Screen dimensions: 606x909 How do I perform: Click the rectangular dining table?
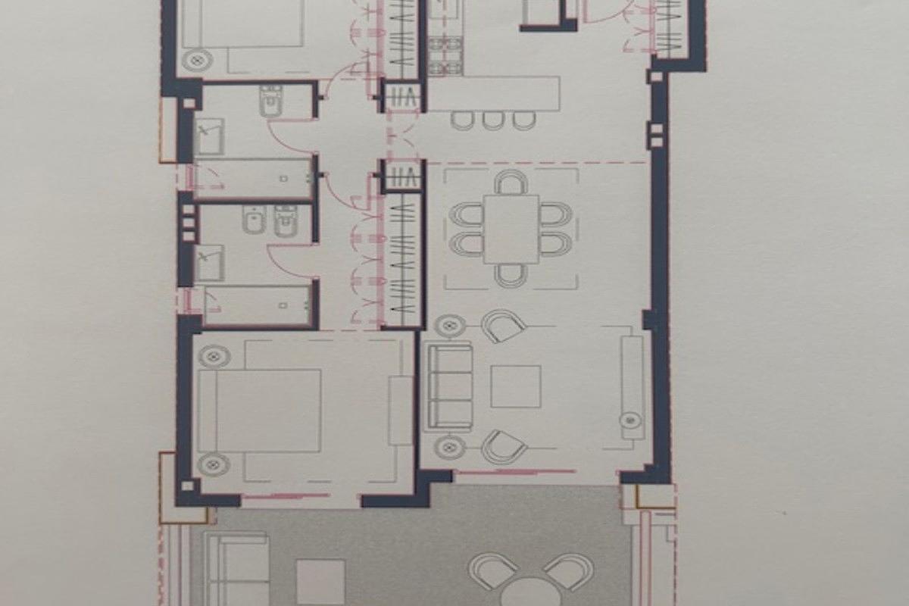511,229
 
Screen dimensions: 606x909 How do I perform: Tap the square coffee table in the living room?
515,386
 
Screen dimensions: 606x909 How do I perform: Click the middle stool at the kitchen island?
493,120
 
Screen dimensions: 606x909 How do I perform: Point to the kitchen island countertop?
494,93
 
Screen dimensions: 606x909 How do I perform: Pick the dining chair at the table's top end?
511,183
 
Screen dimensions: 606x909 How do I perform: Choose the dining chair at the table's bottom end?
511,275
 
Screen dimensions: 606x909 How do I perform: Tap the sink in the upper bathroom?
208,136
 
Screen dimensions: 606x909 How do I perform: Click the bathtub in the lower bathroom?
258,305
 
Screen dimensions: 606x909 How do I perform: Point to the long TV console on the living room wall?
632,387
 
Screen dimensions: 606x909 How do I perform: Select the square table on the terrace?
320,582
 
